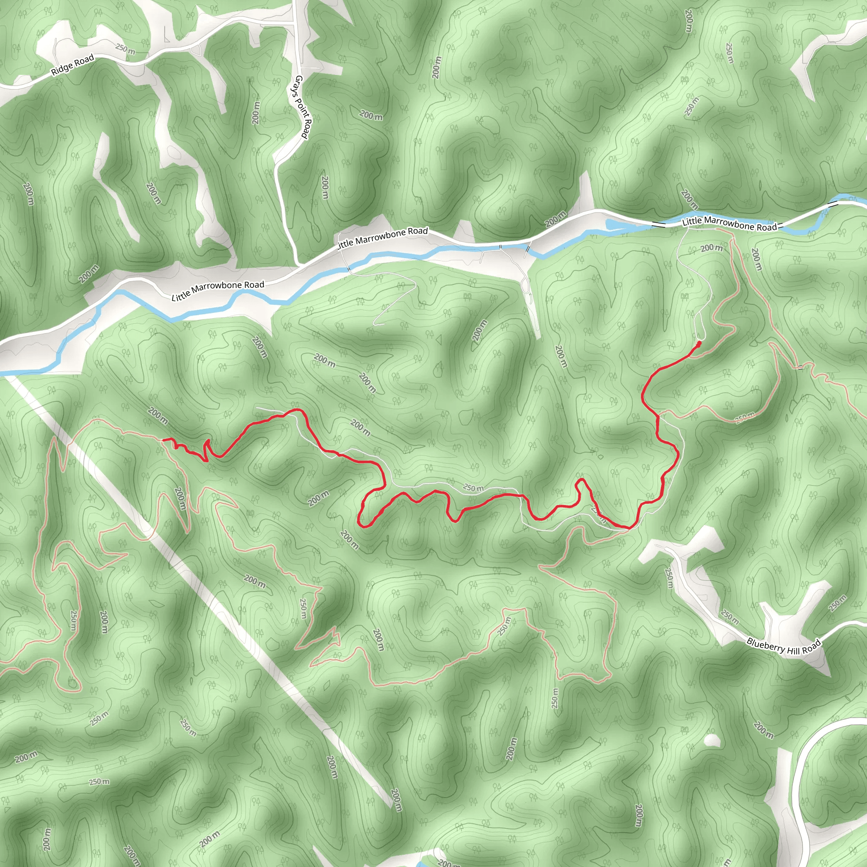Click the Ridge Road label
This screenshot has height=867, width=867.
[x=72, y=65]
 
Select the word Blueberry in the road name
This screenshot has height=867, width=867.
[x=765, y=645]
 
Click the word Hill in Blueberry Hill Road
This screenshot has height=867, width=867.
[x=794, y=649]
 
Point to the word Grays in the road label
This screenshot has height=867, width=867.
[x=298, y=84]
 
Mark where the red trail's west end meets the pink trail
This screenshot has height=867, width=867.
[x=164, y=439]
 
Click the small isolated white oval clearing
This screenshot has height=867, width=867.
[x=711, y=740]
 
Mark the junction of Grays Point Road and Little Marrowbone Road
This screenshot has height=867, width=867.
[x=298, y=265]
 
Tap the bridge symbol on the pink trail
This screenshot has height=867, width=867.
[x=800, y=367]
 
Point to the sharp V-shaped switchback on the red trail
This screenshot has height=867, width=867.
[x=207, y=451]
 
